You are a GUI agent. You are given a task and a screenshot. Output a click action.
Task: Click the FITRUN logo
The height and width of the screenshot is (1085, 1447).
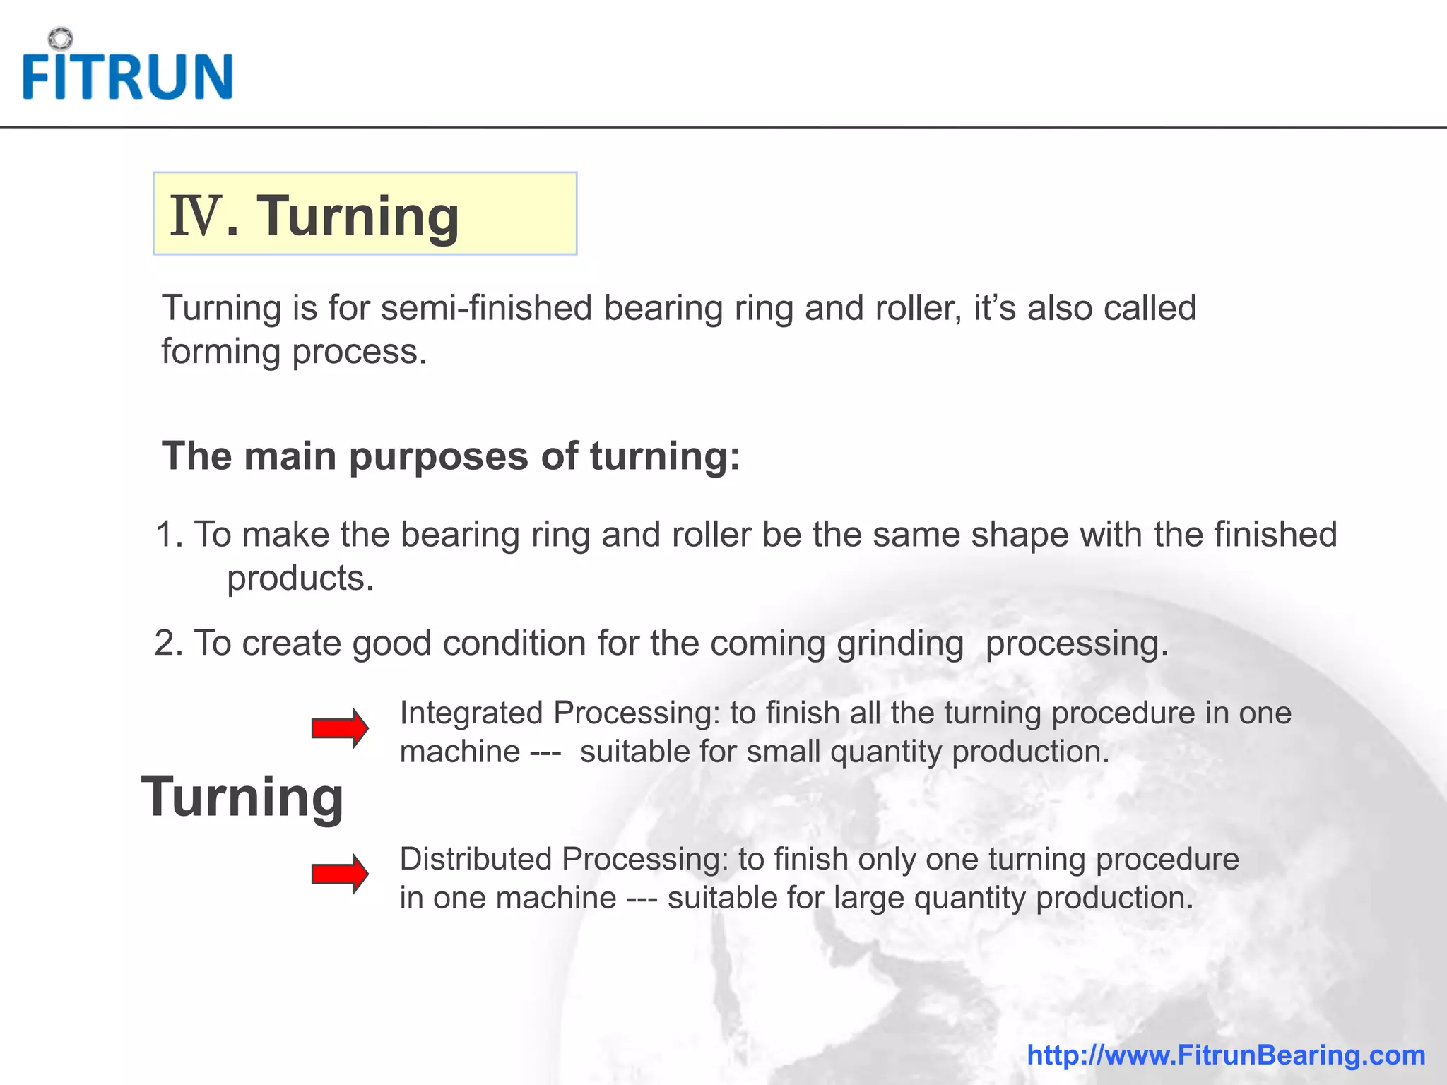[x=127, y=75]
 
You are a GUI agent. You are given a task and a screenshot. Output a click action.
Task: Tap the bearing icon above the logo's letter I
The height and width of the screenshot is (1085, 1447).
[x=61, y=38]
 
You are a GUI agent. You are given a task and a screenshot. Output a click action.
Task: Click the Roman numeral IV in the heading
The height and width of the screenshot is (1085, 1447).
[x=196, y=216]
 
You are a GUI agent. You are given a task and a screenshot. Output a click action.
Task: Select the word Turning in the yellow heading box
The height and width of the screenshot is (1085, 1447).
[x=358, y=216]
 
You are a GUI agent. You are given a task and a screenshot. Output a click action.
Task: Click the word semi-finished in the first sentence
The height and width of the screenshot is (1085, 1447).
[x=486, y=309]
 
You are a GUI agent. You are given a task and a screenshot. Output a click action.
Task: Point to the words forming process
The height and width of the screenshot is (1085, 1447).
[x=294, y=352]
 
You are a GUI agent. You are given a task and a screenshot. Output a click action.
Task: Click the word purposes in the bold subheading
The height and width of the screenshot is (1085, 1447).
[x=438, y=456]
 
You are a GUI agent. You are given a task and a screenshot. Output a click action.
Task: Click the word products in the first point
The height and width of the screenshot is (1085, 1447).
[x=300, y=579]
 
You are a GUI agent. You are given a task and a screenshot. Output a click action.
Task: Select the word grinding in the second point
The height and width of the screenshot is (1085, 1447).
[x=900, y=644]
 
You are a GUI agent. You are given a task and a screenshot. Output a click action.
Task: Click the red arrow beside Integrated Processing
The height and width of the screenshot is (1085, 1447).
[x=340, y=728]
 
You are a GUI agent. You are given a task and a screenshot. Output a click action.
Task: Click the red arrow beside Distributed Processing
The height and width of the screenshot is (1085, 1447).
[x=340, y=874]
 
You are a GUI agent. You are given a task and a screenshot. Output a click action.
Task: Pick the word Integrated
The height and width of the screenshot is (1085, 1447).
[x=471, y=713]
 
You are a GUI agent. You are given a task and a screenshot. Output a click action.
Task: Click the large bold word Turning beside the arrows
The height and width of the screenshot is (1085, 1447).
[x=242, y=797]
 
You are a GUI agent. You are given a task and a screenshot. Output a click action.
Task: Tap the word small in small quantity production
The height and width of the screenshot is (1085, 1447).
[x=784, y=752]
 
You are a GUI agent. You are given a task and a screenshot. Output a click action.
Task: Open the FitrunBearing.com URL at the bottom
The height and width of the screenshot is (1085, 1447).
[x=1226, y=1055]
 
